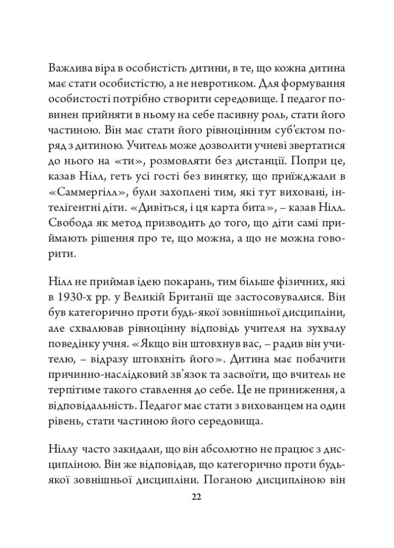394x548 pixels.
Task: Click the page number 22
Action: (x=196, y=497)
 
